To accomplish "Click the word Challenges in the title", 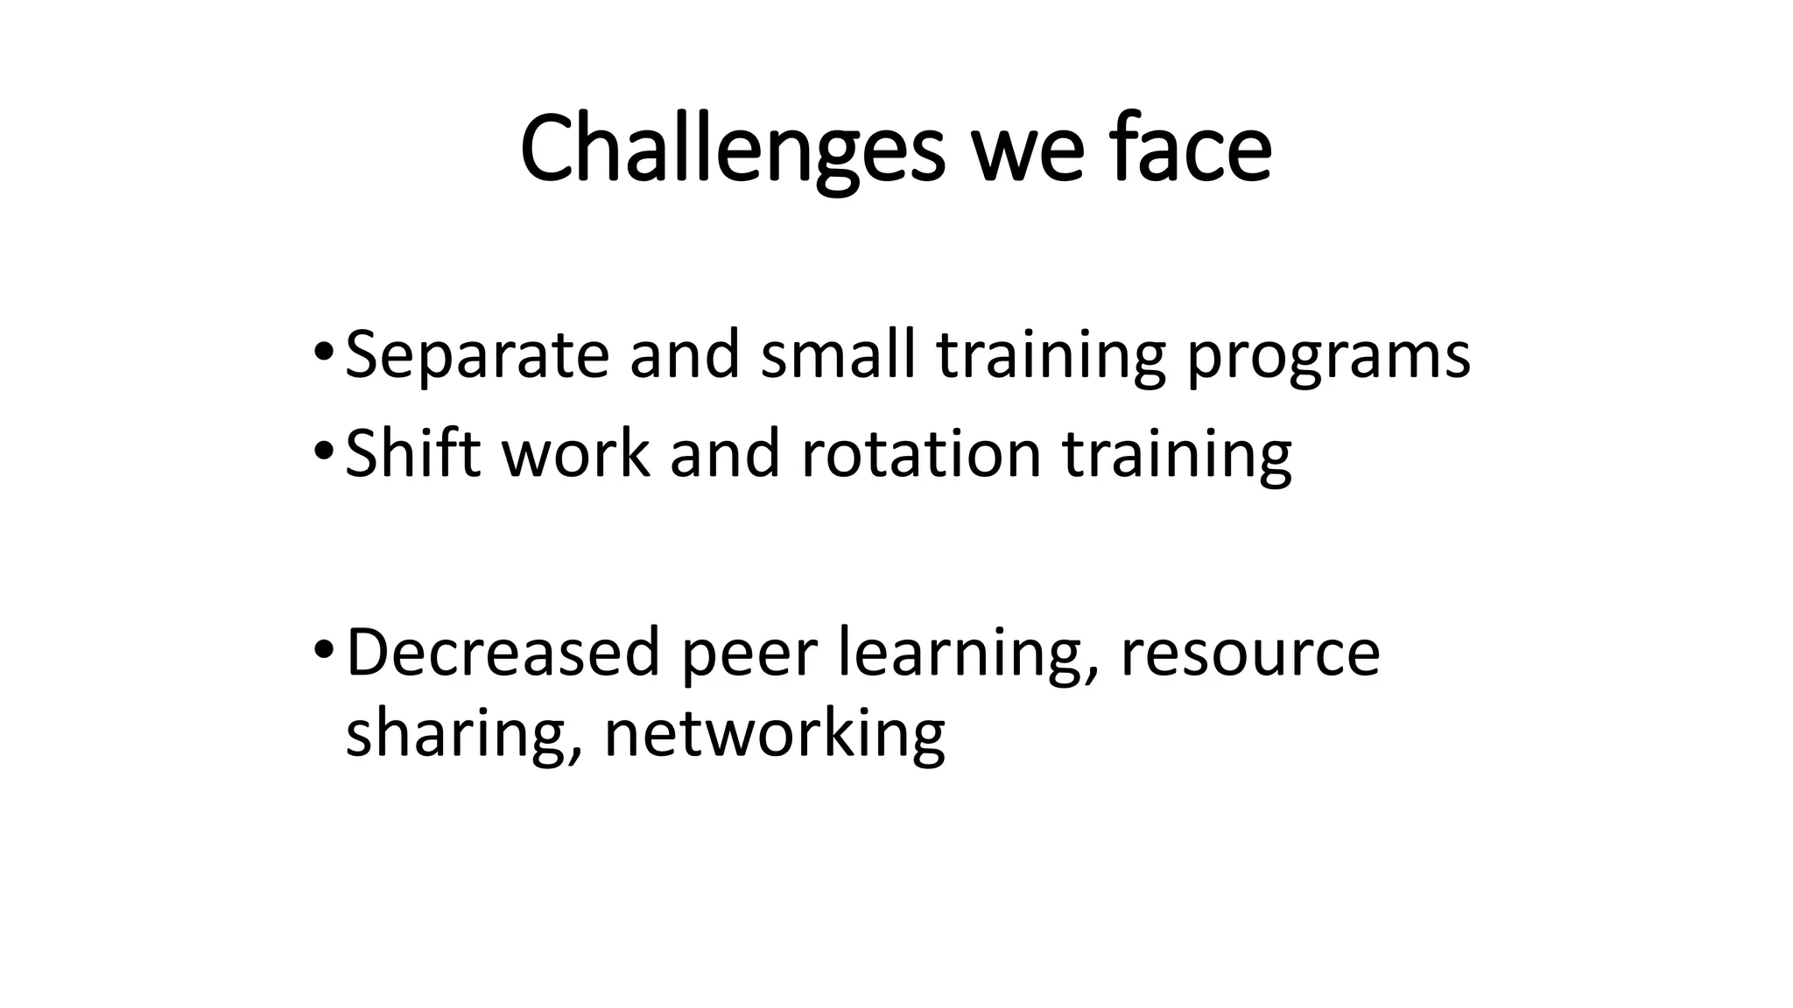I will (x=732, y=150).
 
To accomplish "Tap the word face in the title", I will (x=1192, y=150).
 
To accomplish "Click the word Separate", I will (x=477, y=357).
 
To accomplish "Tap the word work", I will (x=576, y=454).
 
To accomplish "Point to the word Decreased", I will (x=503, y=653).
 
